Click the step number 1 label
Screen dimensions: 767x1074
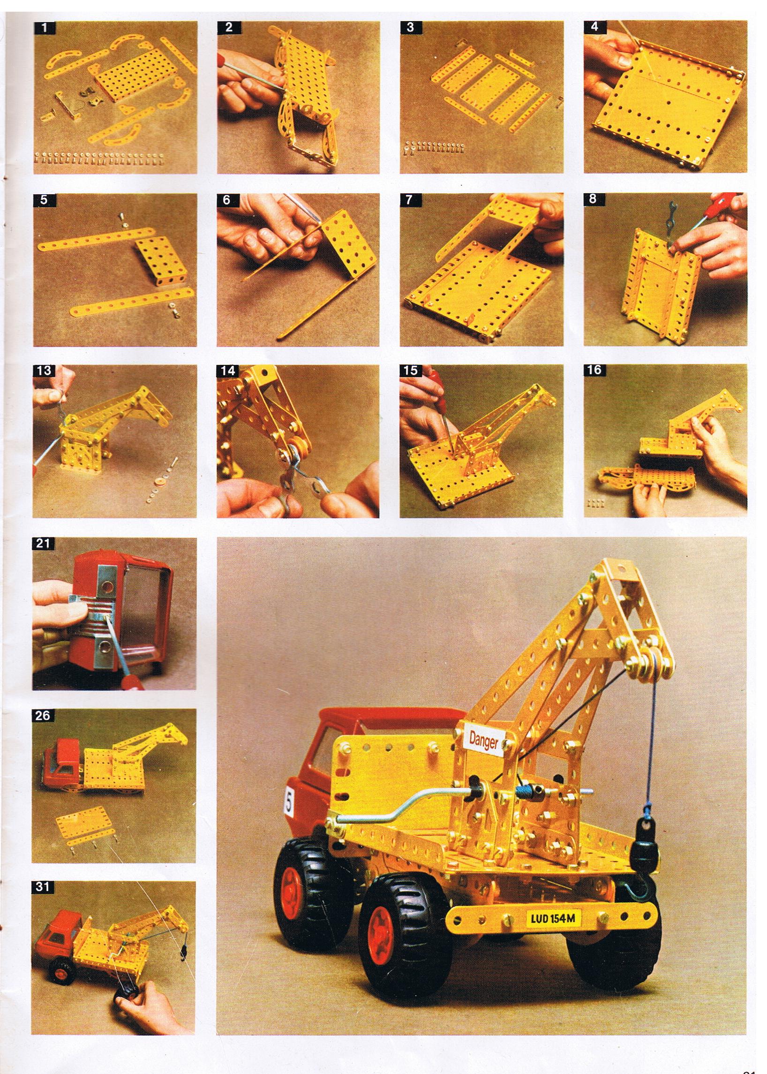[x=45, y=27]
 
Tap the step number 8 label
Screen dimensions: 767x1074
[x=594, y=199]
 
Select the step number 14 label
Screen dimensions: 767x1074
[x=228, y=371]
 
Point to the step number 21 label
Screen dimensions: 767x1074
[x=43, y=544]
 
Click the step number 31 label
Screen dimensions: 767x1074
[x=43, y=887]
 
